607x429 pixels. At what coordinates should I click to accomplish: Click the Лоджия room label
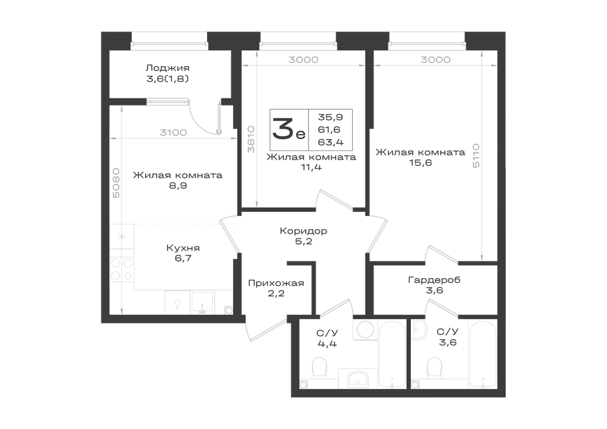point(168,68)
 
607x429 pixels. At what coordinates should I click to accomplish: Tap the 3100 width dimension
point(174,133)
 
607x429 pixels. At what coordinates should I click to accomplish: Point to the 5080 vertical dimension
point(116,183)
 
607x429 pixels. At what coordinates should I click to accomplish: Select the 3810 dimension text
point(251,140)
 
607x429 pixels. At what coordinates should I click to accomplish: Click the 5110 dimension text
point(476,155)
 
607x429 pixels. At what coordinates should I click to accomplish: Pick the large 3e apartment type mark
point(289,129)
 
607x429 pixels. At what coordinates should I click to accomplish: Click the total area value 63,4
point(331,143)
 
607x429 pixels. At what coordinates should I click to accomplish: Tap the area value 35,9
point(331,117)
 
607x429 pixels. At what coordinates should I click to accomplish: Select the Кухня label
point(183,248)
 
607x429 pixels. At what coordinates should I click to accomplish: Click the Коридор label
point(303,231)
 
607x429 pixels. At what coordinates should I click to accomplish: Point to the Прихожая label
point(276,283)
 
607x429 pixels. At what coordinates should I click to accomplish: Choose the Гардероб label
point(435,280)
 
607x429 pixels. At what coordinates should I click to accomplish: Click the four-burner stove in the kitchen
point(122,269)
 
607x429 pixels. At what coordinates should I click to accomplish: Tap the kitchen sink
point(202,302)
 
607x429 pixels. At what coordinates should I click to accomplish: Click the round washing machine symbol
point(365,330)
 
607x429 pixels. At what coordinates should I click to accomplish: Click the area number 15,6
point(421,163)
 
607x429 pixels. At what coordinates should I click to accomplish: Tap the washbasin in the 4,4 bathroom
point(359,378)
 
